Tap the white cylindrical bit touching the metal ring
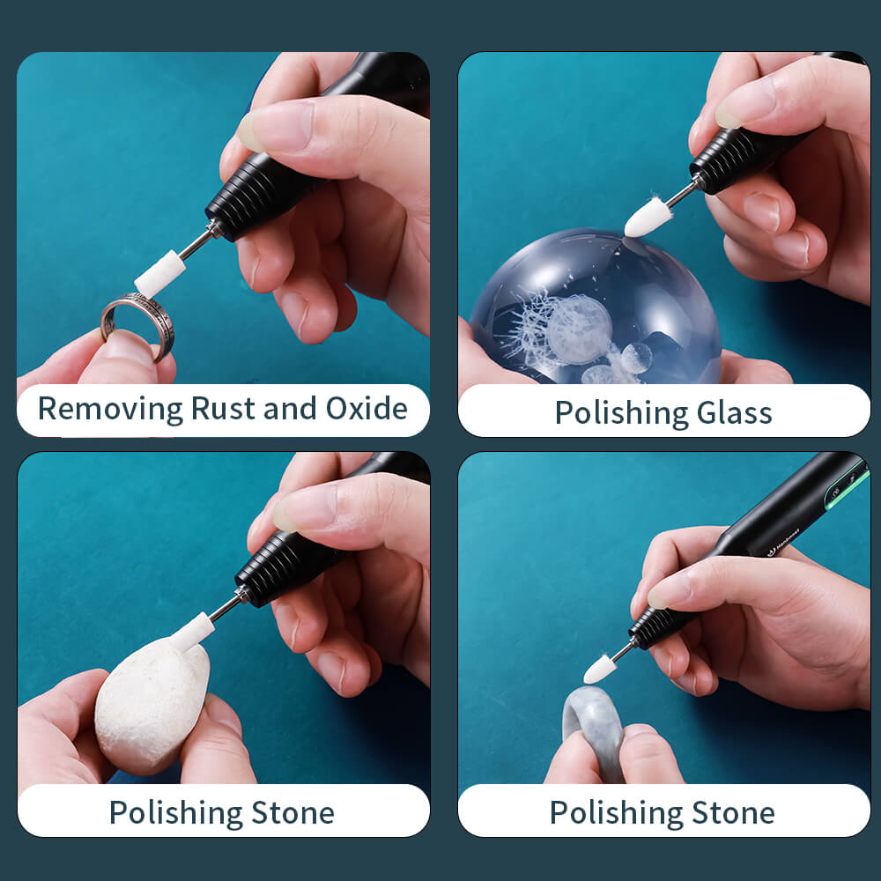[159, 273]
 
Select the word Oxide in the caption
[366, 408]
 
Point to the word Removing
[111, 409]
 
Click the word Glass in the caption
[734, 413]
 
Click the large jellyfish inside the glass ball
[579, 329]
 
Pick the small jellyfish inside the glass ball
[636, 358]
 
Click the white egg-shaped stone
[152, 705]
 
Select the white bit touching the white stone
[192, 633]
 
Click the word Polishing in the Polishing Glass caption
[621, 414]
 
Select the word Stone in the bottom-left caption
[292, 812]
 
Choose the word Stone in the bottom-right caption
[733, 812]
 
